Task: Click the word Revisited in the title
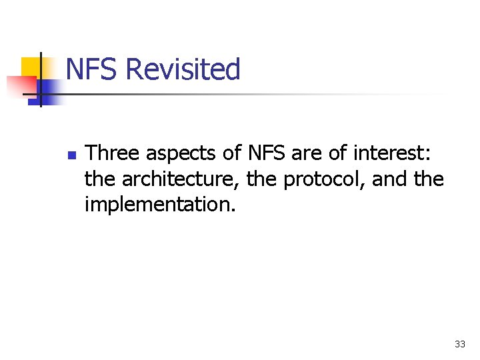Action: pos(183,69)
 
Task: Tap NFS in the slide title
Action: pos(93,69)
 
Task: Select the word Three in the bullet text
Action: pos(113,154)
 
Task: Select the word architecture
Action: pos(181,179)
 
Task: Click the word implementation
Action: pos(160,204)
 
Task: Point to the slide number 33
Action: pos(459,344)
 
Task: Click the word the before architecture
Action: pos(100,179)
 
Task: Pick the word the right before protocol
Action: pos(262,179)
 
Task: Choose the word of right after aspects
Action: pos(233,154)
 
